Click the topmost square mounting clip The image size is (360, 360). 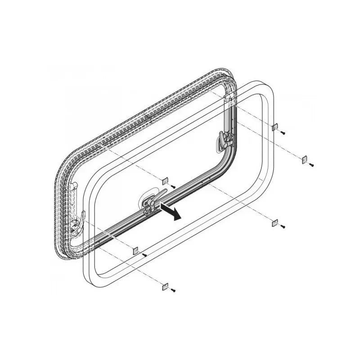(274, 127)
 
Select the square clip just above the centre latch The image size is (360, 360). (165, 180)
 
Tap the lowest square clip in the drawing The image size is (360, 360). (165, 286)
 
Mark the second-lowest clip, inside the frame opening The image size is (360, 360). (135, 251)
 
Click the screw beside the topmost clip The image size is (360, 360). (283, 133)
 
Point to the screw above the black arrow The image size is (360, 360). (173, 186)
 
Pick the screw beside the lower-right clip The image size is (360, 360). (283, 226)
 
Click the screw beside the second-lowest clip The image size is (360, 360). (144, 255)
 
